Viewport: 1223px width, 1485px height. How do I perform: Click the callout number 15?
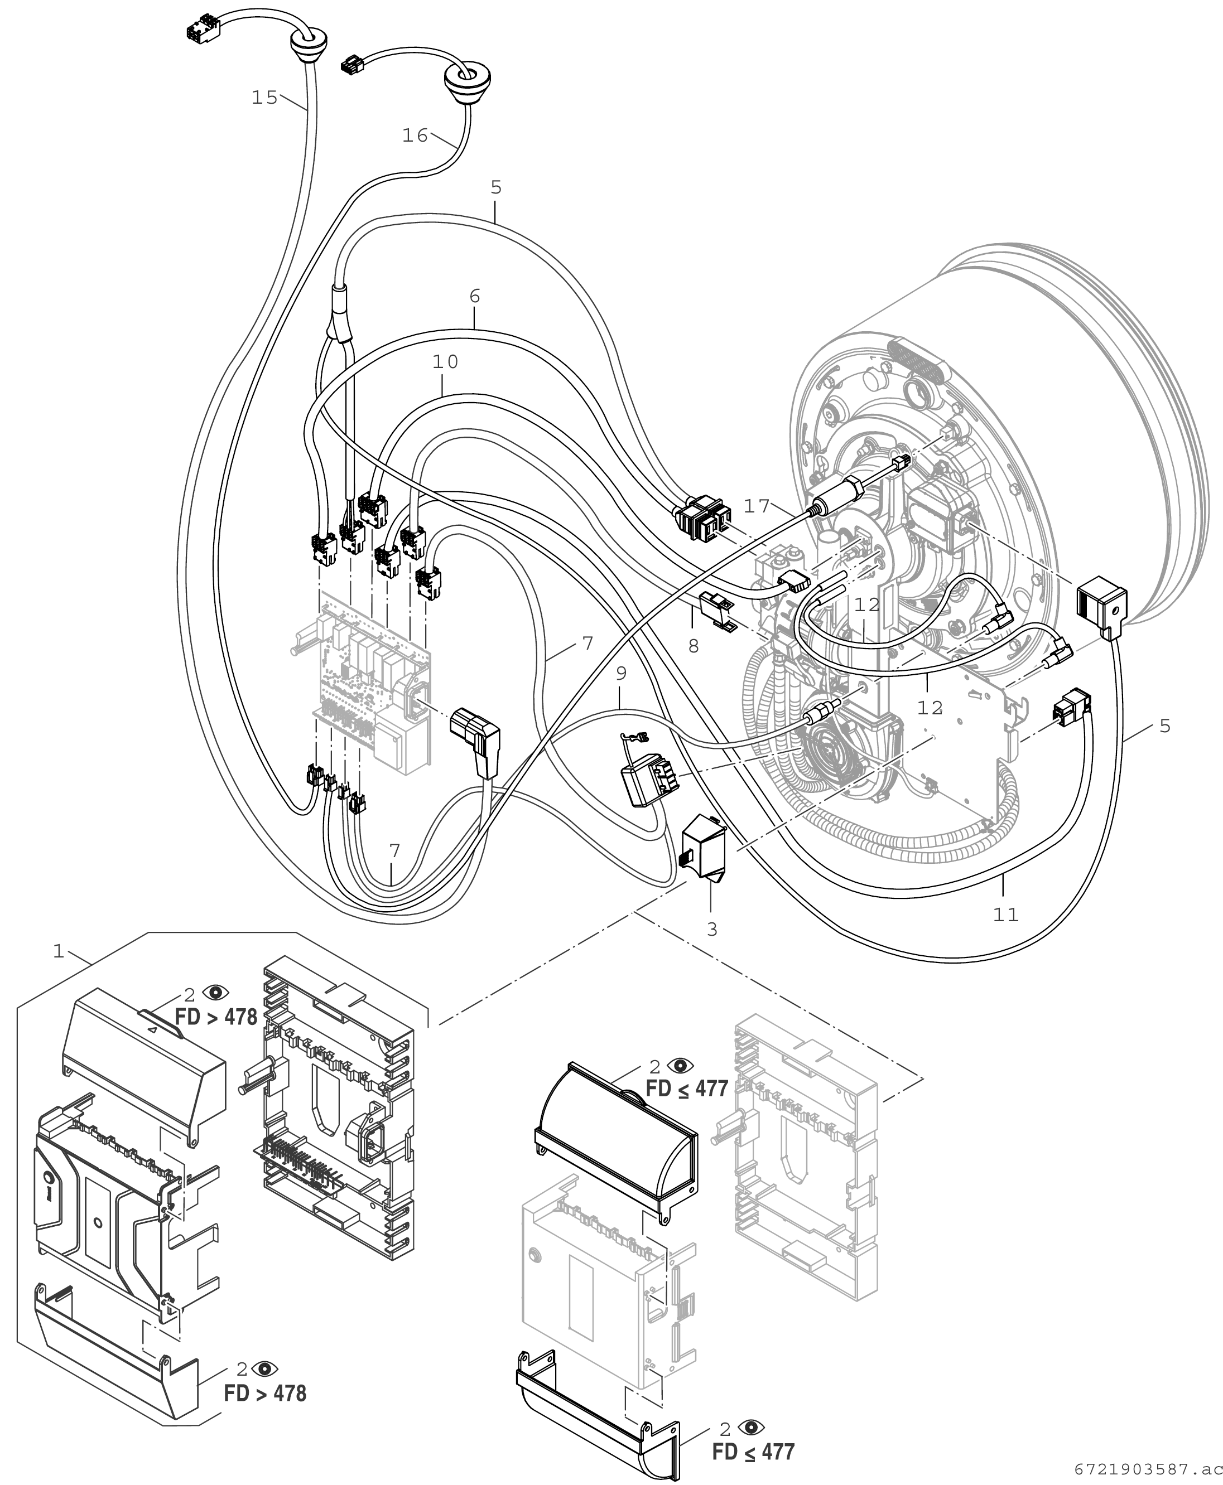pyautogui.click(x=265, y=98)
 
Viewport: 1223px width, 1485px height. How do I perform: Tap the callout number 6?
pyautogui.click(x=474, y=297)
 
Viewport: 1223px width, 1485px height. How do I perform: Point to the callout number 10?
pyautogui.click(x=445, y=362)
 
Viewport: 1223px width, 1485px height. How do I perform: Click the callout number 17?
pyautogui.click(x=757, y=506)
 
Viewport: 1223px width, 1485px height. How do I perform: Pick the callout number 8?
pyautogui.click(x=694, y=646)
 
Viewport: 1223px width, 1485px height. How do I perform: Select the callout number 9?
pyautogui.click(x=620, y=674)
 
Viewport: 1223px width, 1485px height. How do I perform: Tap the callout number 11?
pyautogui.click(x=1006, y=915)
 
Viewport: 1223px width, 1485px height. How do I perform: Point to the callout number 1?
pyautogui.click(x=59, y=952)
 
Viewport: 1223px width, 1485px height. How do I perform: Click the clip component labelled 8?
pyautogui.click(x=717, y=609)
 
